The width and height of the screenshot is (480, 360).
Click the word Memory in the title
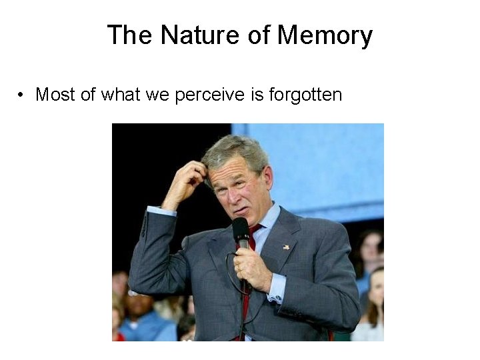pyautogui.click(x=325, y=35)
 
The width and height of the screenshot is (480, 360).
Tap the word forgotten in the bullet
pyautogui.click(x=305, y=95)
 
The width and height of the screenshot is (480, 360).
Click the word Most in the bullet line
pyautogui.click(x=55, y=95)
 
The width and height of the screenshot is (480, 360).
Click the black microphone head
pyautogui.click(x=241, y=231)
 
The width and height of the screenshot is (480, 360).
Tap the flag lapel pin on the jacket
pyautogui.click(x=287, y=247)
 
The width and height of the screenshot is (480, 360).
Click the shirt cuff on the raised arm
pyautogui.click(x=161, y=211)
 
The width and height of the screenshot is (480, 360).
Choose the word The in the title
pyautogui.click(x=130, y=35)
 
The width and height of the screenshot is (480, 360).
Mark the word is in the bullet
pyautogui.click(x=258, y=95)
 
